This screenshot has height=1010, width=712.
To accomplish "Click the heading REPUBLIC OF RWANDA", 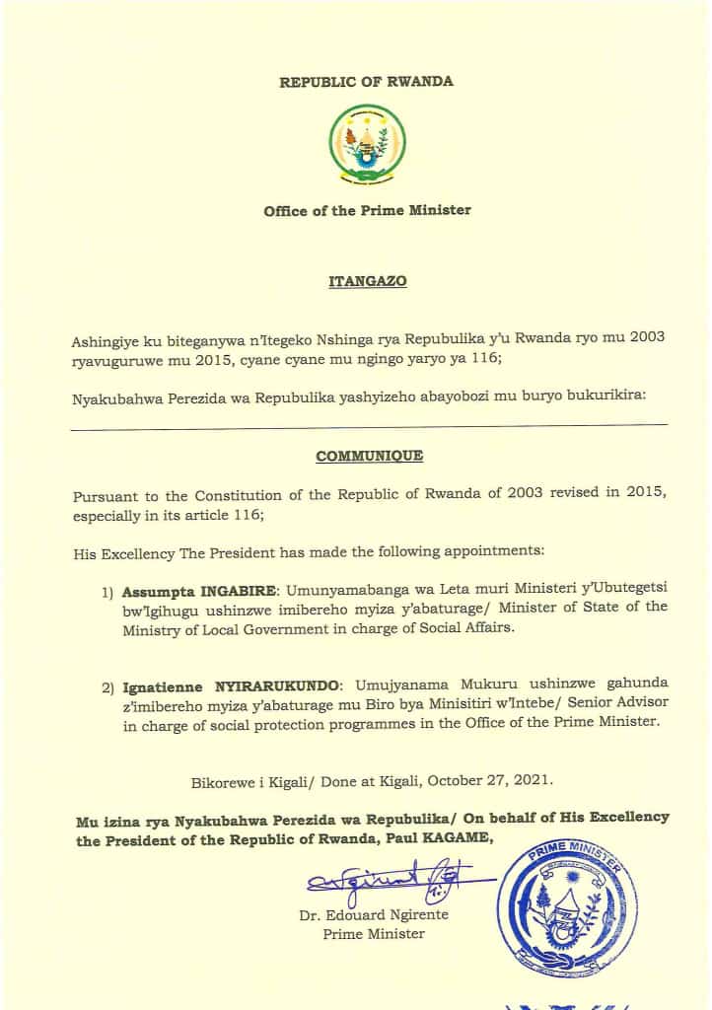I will pyautogui.click(x=367, y=82).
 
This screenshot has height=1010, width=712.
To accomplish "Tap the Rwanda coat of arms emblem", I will pyautogui.click(x=367, y=147).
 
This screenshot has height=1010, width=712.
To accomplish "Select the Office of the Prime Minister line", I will pyautogui.click(x=367, y=210).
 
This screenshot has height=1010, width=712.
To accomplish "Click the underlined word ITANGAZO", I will pyautogui.click(x=367, y=281).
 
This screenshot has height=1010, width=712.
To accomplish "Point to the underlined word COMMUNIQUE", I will pyautogui.click(x=369, y=456).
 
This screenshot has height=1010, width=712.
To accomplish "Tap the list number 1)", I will pyautogui.click(x=107, y=595).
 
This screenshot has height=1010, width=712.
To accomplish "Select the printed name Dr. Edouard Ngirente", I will pyautogui.click(x=374, y=914).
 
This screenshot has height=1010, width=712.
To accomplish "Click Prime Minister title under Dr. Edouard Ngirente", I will pyautogui.click(x=374, y=934).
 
